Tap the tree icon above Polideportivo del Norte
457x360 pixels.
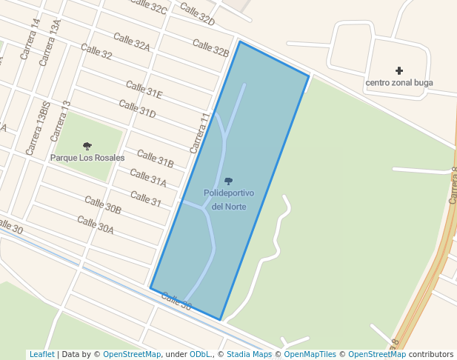(228, 181)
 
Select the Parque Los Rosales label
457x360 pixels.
(87, 158)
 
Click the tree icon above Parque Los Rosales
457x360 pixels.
(87, 146)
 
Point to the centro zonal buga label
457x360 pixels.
(399, 82)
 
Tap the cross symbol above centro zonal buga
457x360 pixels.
(399, 70)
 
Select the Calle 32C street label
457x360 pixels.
(148, 7)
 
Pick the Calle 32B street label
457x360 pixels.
(210, 47)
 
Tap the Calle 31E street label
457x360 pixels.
(144, 90)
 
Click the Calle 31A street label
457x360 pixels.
(148, 177)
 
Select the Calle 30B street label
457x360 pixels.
(102, 205)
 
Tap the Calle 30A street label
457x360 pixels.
(96, 224)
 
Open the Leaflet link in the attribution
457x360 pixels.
(41, 354)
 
